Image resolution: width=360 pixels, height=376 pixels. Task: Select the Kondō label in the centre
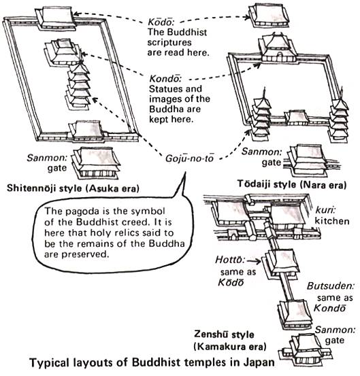tap(163, 78)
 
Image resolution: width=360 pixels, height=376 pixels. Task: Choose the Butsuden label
tap(325, 269)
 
